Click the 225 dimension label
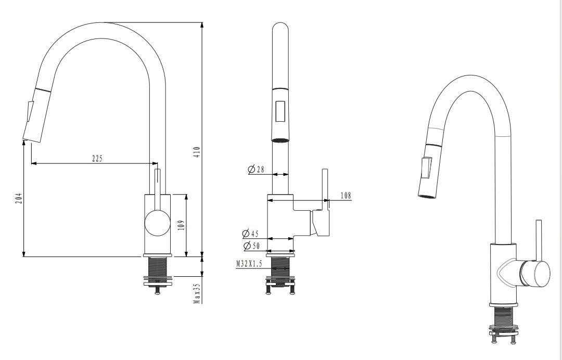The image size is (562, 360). point(97,158)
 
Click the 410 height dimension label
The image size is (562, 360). point(197,152)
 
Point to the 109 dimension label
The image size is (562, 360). point(181,225)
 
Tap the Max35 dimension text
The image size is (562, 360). point(197,293)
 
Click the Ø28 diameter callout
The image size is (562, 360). point(257,169)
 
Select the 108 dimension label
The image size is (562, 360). point(346,196)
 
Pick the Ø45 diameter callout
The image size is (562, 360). point(250,234)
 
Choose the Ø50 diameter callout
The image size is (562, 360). point(251,245)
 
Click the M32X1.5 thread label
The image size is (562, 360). point(249,264)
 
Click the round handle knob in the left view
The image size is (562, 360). point(157,224)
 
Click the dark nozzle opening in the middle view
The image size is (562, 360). point(280,139)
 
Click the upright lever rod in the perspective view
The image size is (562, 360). point(539,239)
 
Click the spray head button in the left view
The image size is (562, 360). point(29,111)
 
